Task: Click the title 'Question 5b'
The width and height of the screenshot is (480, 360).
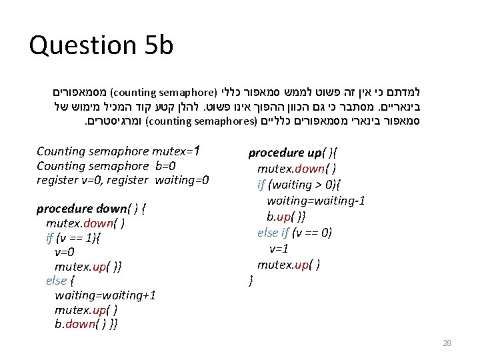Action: click(x=101, y=45)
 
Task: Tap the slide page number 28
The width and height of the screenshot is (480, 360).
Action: click(x=447, y=343)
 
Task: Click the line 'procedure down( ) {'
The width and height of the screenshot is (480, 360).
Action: click(x=91, y=209)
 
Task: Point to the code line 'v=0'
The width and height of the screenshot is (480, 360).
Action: click(x=65, y=253)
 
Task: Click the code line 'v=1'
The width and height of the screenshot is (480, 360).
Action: click(x=279, y=249)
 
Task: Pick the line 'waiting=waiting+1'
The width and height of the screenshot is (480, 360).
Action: click(x=105, y=295)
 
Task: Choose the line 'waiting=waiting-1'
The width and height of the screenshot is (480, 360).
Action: click(x=315, y=201)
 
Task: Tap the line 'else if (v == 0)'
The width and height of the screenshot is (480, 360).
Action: click(x=295, y=233)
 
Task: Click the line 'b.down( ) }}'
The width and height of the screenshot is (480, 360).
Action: click(x=87, y=325)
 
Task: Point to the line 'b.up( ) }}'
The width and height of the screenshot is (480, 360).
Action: click(x=287, y=217)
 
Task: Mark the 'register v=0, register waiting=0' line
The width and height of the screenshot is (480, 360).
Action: click(x=123, y=180)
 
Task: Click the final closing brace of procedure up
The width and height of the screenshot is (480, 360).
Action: click(x=251, y=281)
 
